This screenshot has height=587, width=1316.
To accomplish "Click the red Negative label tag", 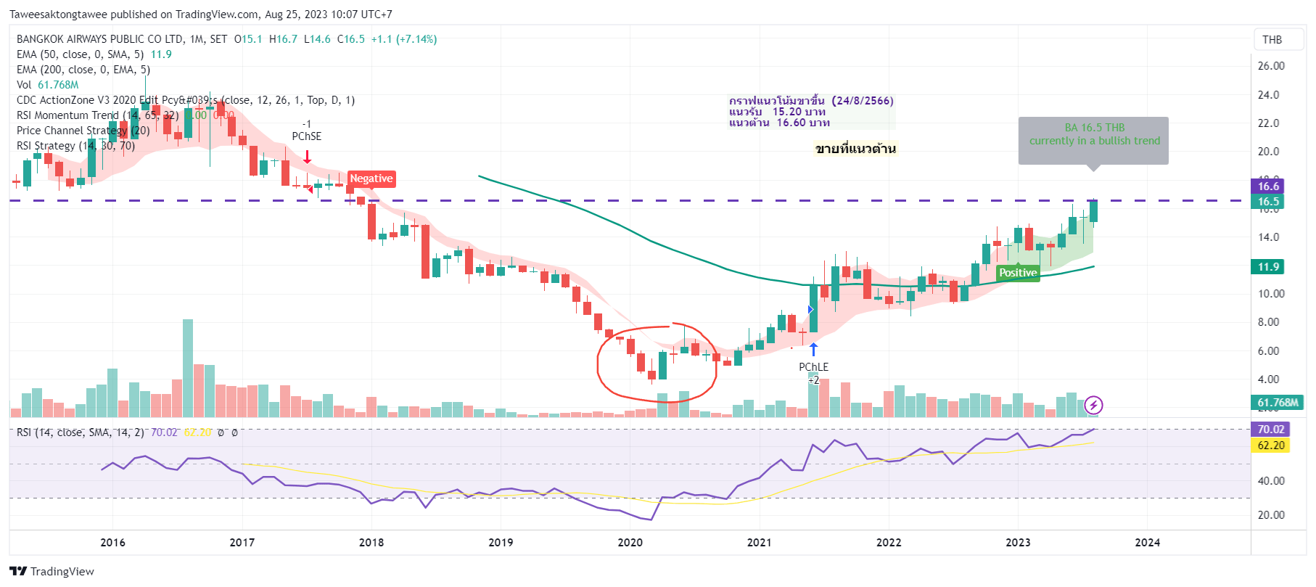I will (371, 178).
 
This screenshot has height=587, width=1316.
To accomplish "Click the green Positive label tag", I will (1017, 273).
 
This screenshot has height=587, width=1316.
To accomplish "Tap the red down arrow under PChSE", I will (307, 157).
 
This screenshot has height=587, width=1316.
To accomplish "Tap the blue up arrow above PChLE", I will (813, 349).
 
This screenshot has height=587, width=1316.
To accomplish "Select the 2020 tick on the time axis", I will (630, 543).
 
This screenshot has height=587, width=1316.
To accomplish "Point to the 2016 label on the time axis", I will (112, 543).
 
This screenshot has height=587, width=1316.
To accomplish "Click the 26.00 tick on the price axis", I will (1270, 66).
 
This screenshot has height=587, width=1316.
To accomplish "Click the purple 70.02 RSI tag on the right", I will (1270, 430).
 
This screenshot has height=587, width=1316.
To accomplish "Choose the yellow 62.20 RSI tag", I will (1270, 446).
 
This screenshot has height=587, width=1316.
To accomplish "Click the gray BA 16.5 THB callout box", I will (1093, 139).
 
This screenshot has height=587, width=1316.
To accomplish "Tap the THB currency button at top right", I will (1272, 40).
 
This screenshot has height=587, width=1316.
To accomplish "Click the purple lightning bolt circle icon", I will (1093, 405).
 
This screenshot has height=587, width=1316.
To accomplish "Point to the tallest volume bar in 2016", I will (188, 368).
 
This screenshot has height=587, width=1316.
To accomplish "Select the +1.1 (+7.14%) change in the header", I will (404, 39).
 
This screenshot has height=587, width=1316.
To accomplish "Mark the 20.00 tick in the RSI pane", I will (1270, 515).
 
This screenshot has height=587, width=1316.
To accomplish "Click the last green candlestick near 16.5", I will (1093, 210).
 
